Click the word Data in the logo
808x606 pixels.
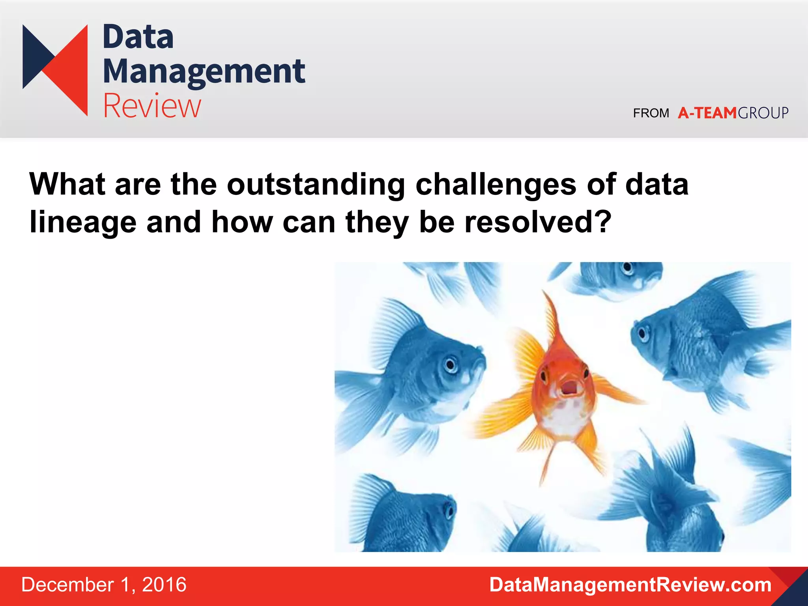click(138, 37)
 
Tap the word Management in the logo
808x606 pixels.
click(204, 72)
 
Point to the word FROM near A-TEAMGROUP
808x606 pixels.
click(651, 113)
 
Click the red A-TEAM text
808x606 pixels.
click(707, 113)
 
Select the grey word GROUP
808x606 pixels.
click(763, 113)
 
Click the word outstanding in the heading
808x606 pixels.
click(316, 185)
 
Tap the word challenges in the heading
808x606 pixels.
click(496, 185)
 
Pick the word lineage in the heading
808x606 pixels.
click(83, 222)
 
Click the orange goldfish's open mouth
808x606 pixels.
click(569, 387)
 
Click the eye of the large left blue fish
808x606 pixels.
click(450, 365)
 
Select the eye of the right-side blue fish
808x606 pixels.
click(643, 333)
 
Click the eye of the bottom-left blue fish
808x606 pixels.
click(449, 511)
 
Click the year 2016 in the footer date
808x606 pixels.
click(164, 585)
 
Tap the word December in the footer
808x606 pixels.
click(67, 585)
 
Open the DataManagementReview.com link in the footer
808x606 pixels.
click(630, 585)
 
